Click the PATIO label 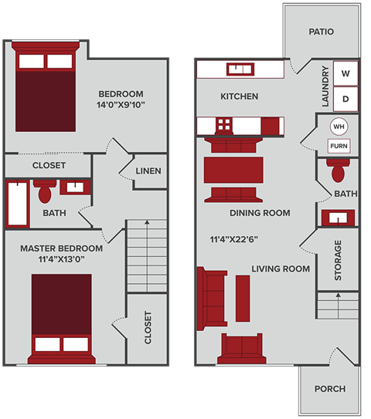tap(321, 32)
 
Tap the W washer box tap(345, 74)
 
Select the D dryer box tap(345, 98)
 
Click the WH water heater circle tap(339, 127)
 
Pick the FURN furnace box tap(339, 146)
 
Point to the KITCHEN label tap(240, 96)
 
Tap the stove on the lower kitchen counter tap(224, 124)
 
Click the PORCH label tap(330, 389)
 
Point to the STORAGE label tap(338, 260)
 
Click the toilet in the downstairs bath tap(339, 165)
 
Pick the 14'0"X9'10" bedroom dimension tap(121, 104)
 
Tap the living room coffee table tap(243, 298)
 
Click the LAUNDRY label tap(325, 86)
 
